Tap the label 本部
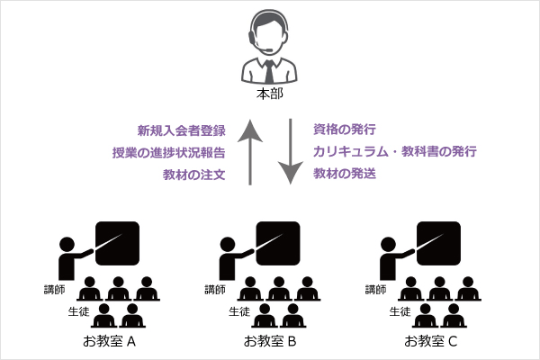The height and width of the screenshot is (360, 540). tap(270, 94)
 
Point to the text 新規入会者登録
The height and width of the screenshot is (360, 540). tap(181, 130)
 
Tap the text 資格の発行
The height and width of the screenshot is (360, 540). tap(345, 130)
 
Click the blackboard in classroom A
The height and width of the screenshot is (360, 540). tap(118, 242)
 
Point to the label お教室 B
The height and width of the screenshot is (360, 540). tap(270, 342)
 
